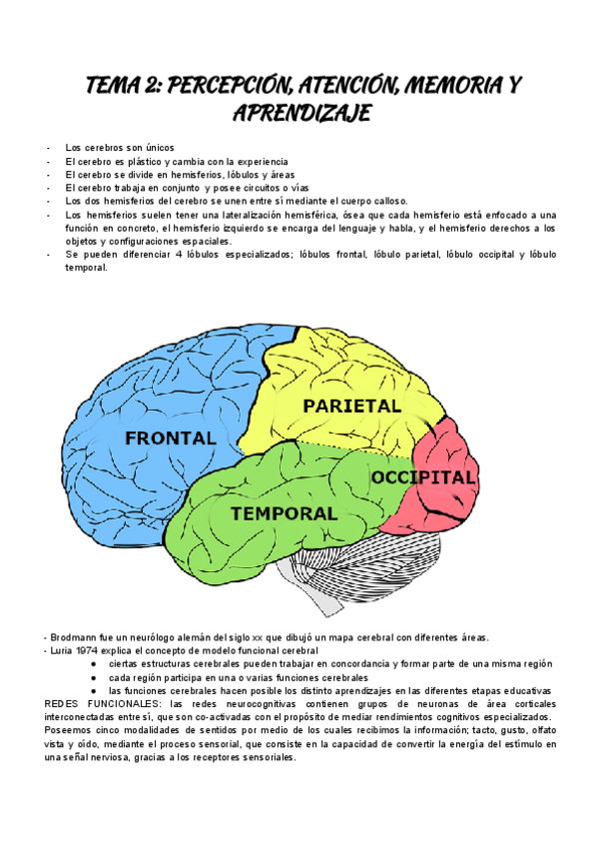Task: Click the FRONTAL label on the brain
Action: [170, 437]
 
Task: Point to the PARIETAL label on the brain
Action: [351, 406]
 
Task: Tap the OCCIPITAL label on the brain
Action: [423, 477]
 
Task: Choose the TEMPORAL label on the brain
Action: [284, 512]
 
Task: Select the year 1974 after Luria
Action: [87, 651]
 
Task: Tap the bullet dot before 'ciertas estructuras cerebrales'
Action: [93, 664]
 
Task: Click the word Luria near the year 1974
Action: [59, 651]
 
